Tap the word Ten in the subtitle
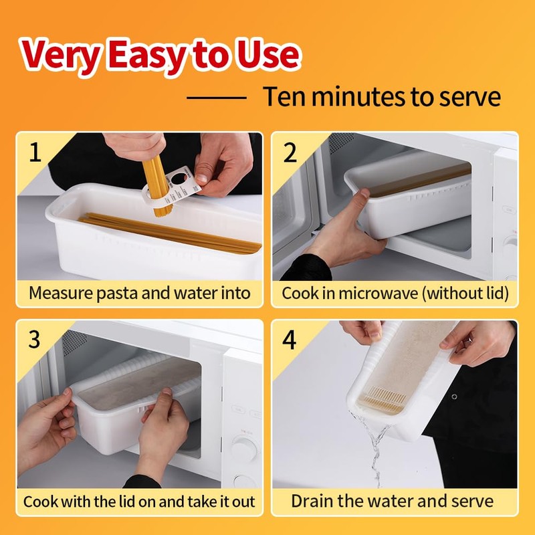click(x=285, y=97)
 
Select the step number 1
click(x=35, y=152)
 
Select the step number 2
click(x=290, y=152)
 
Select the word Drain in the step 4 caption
click(x=311, y=501)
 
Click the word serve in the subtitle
click(x=470, y=97)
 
